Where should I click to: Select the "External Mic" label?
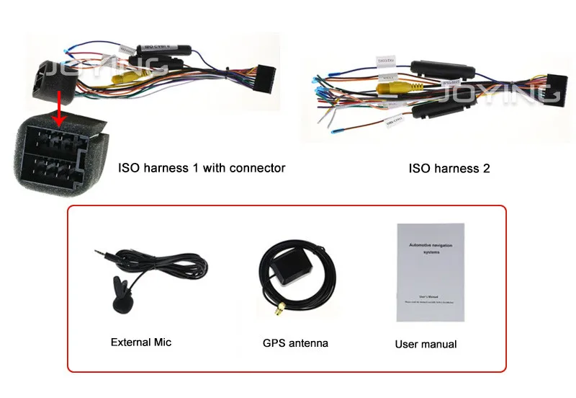tap(141, 342)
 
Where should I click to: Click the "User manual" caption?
tap(426, 344)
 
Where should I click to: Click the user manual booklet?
tap(431, 273)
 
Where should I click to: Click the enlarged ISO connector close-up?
tap(54, 148)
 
